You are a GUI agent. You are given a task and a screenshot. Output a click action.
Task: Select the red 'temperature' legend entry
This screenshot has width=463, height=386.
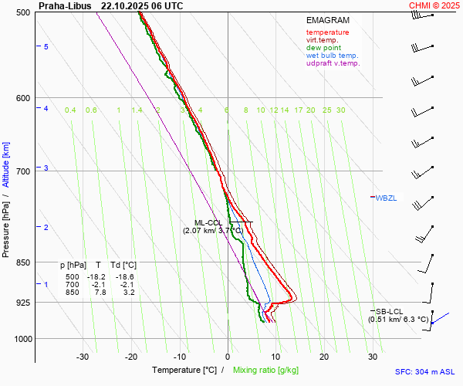327,32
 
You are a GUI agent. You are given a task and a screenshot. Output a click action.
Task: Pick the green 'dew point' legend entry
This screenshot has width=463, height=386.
324,48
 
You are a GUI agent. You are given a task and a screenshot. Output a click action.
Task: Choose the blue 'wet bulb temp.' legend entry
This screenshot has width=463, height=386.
332,56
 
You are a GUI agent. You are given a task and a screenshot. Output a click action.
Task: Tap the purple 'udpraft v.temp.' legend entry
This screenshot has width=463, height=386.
333,63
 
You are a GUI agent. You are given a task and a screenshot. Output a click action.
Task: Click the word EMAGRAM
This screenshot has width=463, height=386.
327,20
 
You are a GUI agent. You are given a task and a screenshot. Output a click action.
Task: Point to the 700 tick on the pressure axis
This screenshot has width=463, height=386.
22,171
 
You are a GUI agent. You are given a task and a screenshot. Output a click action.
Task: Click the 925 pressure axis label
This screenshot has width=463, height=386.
22,303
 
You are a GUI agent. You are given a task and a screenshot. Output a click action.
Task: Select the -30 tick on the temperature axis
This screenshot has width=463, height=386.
83,357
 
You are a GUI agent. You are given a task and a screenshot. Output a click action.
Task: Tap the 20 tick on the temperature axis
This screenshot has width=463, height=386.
324,357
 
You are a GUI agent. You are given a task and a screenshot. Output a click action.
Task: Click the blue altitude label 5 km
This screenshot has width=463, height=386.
46,47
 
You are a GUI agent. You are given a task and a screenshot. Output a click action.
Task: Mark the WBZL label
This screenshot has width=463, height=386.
386,198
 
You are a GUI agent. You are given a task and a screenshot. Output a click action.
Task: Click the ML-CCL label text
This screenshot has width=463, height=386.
208,222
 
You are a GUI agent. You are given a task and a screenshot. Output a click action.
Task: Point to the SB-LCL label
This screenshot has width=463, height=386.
389,311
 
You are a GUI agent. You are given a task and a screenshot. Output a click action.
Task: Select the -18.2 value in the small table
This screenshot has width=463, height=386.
96,276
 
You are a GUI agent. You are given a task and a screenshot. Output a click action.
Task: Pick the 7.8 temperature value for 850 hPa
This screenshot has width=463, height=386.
100,292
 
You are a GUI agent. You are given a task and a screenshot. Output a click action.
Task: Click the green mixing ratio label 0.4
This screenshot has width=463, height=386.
70,110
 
